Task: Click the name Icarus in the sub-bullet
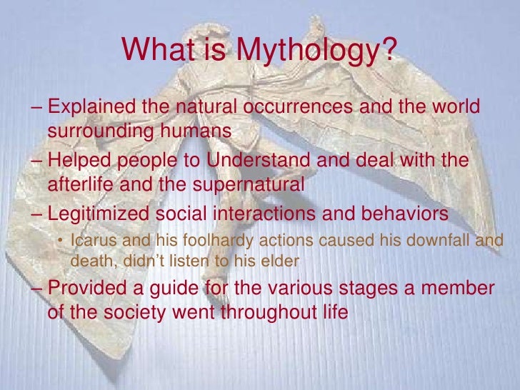90,241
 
